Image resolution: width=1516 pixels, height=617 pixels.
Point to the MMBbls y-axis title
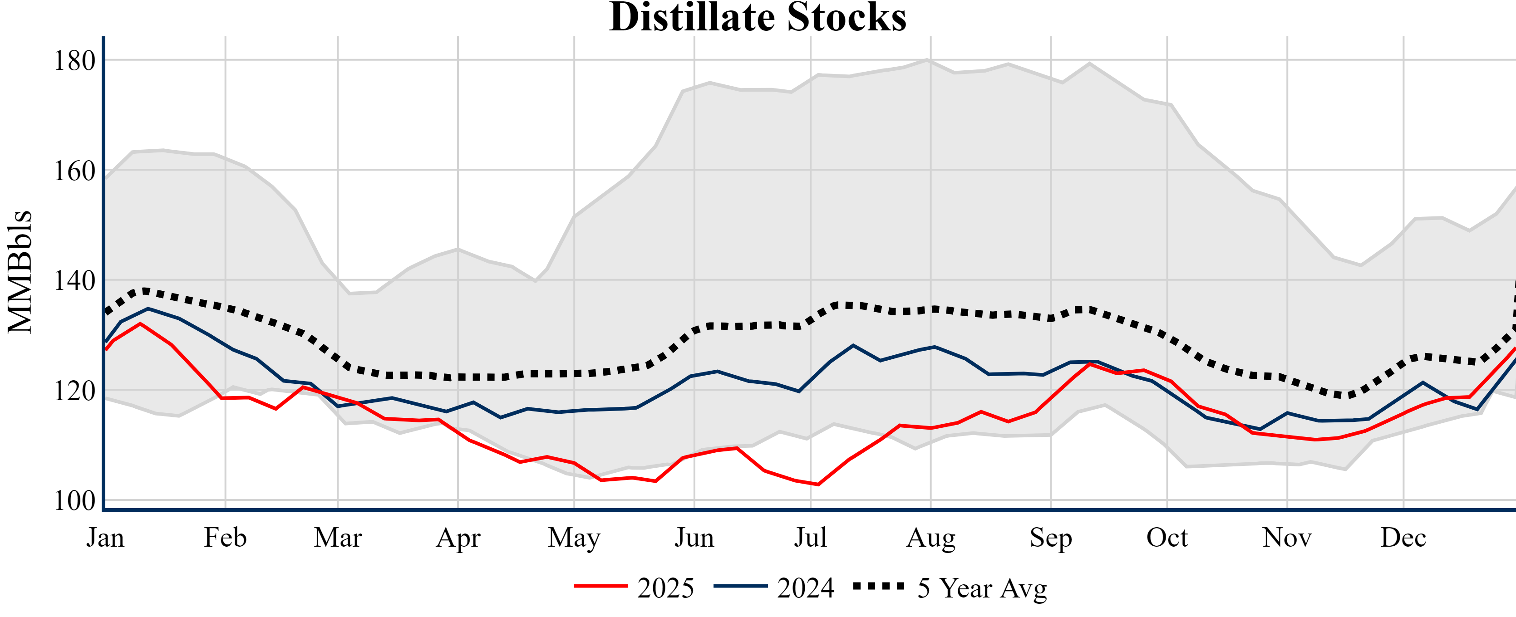pos(20,272)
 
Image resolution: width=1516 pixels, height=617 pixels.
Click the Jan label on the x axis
pos(105,537)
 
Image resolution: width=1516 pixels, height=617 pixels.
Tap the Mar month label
pos(338,537)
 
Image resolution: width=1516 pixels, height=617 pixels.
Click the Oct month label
pos(1167,537)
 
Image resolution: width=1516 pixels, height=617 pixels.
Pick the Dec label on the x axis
pos(1403,537)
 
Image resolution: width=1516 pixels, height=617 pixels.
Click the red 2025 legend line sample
pos(600,586)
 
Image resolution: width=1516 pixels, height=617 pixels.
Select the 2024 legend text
pos(805,588)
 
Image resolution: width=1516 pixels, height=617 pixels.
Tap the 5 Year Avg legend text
pos(982,588)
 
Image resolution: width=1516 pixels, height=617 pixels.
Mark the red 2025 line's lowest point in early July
pos(818,485)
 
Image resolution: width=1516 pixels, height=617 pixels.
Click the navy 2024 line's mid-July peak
pos(853,345)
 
